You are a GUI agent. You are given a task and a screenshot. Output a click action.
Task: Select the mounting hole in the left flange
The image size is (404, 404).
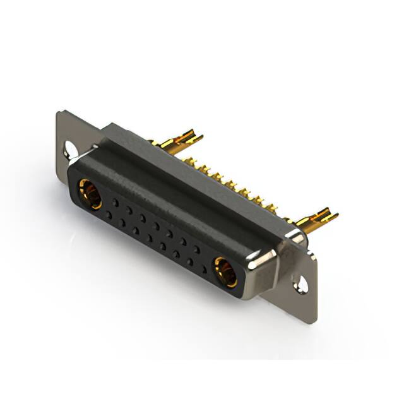pos(69,150)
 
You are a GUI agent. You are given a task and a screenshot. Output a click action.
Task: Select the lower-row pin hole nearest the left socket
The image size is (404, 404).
pos(109,215)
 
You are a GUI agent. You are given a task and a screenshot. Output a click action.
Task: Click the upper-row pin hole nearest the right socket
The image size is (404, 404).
pos(197,249)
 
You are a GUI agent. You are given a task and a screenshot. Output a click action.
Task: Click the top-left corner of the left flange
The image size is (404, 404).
pos(59,114)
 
